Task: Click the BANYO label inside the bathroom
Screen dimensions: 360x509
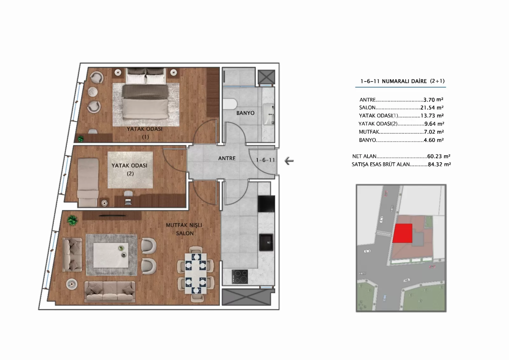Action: [245, 113]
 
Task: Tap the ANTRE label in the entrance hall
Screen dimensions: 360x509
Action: [227, 158]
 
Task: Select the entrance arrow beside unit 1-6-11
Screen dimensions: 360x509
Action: [289, 161]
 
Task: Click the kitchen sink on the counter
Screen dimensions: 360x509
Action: [266, 242]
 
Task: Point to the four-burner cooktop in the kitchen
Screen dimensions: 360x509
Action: [240, 276]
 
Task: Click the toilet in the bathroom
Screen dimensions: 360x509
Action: [230, 104]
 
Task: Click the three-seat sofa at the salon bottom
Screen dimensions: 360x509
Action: [110, 292]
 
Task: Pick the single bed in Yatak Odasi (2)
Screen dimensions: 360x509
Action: [87, 182]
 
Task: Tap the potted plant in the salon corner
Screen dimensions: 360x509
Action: [72, 220]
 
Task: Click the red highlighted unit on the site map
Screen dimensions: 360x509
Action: [402, 233]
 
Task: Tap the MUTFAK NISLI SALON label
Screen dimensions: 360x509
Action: [184, 229]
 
